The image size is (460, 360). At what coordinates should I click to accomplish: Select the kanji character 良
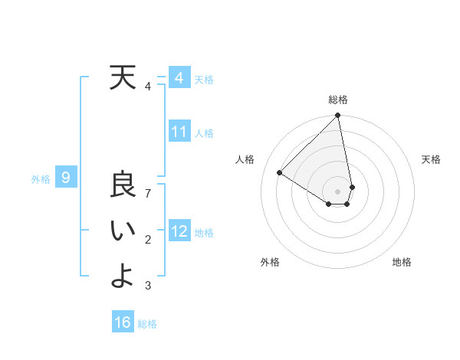point(122,186)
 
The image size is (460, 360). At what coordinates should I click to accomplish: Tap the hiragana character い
point(123,232)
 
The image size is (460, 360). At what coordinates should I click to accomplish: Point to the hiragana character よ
point(123,277)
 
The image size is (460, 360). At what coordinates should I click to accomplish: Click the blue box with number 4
point(179,78)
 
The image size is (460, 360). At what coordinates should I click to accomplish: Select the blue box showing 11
point(179,132)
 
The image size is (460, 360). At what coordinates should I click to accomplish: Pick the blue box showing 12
point(179,231)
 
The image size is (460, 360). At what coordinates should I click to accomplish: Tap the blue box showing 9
point(66,178)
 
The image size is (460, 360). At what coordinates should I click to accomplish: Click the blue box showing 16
point(123,322)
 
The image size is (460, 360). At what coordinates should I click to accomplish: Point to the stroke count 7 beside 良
point(149,194)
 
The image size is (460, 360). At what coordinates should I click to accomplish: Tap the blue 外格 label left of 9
point(41,179)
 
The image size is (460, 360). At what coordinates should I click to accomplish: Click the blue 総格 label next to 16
point(148,324)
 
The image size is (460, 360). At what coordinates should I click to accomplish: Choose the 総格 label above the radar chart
point(338,100)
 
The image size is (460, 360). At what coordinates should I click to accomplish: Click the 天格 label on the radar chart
point(432,159)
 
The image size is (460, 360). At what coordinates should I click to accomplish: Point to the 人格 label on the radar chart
point(245,159)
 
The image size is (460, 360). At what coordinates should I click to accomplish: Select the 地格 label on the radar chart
point(402,262)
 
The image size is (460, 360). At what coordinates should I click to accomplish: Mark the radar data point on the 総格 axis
point(338,116)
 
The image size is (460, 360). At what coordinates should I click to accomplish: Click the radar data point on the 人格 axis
point(280,172)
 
